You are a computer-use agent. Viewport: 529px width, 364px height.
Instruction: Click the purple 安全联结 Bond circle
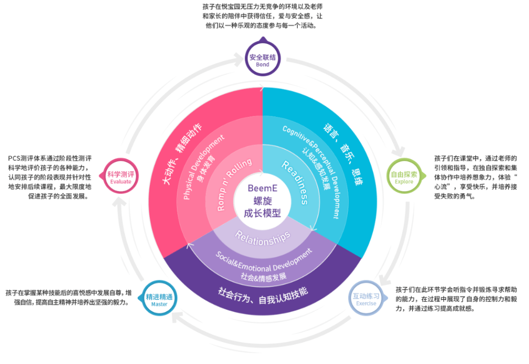[263, 59]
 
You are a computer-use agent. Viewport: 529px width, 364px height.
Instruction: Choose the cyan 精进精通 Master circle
[159, 298]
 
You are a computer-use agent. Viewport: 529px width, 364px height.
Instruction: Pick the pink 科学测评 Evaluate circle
[120, 177]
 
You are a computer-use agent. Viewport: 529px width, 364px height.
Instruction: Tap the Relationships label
[263, 238]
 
